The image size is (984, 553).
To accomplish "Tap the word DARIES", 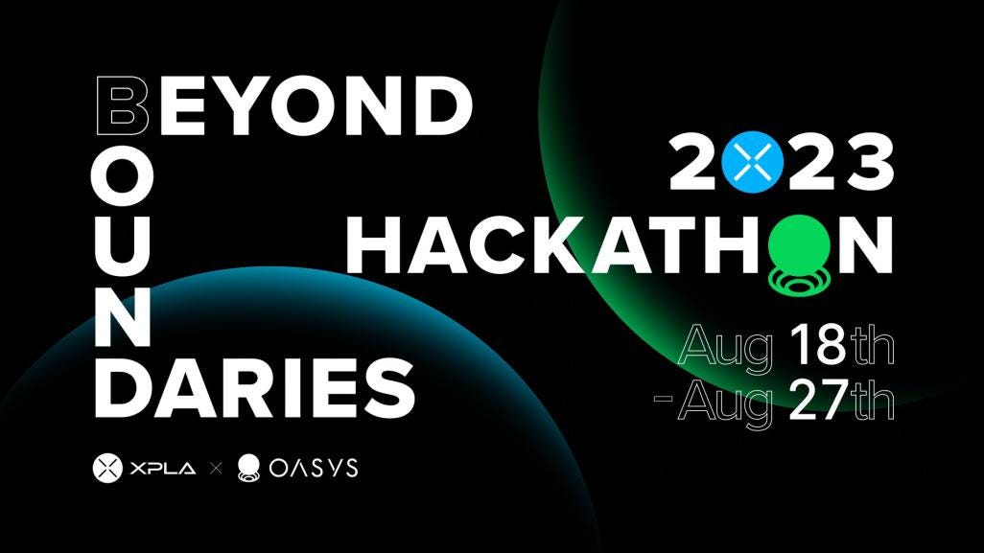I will (254, 387).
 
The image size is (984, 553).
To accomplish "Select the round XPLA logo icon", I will (106, 469).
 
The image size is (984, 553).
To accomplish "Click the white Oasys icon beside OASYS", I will (249, 469).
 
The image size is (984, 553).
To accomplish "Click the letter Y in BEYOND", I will (250, 104).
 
